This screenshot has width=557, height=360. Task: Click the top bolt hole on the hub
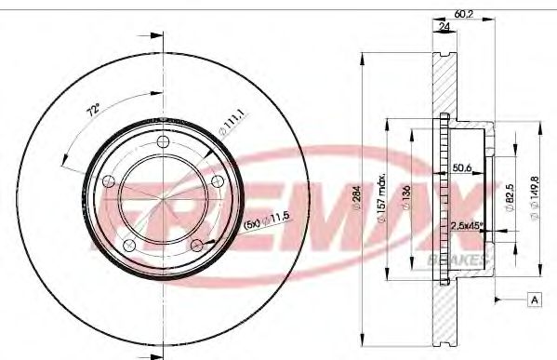164,141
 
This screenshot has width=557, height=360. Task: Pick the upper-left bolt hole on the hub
110,180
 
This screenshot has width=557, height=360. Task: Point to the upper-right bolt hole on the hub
218,180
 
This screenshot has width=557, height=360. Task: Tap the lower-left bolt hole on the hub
130,244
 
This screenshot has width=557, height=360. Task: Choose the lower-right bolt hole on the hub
197,244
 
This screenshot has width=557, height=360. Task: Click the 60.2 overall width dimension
462,13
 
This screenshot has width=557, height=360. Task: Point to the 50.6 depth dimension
462,167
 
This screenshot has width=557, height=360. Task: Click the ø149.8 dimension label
535,195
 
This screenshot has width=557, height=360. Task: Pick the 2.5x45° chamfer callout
466,226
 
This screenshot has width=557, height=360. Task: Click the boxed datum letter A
535,299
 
